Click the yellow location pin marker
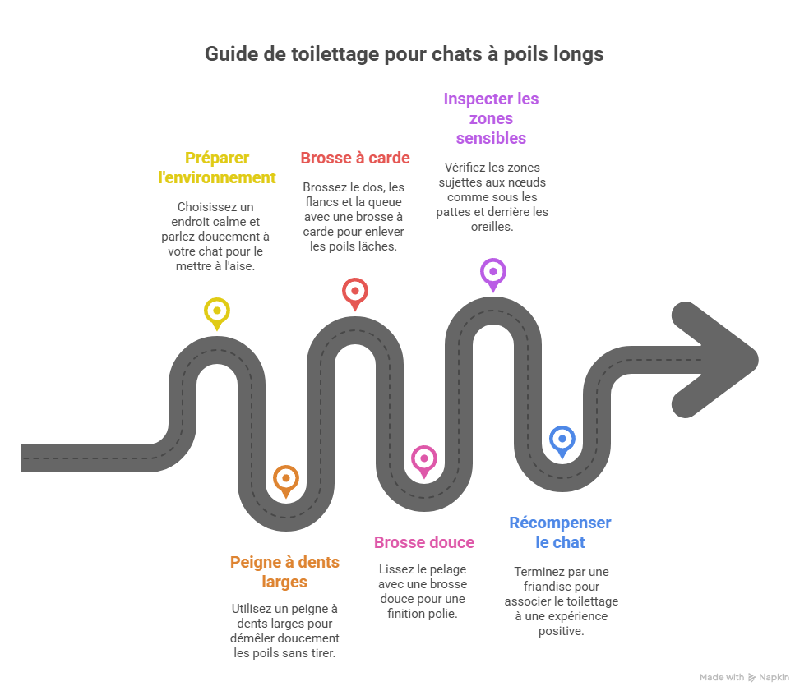[216, 311]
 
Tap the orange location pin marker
[285, 478]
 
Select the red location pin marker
[354, 291]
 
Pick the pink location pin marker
[424, 458]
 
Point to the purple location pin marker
[492, 271]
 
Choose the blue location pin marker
[562, 439]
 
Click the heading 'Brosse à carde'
[354, 158]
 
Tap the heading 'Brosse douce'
[423, 542]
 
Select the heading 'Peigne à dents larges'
[284, 572]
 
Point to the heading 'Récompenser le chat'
[560, 532]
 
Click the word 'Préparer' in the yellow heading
[217, 158]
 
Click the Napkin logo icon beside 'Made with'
[751, 677]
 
